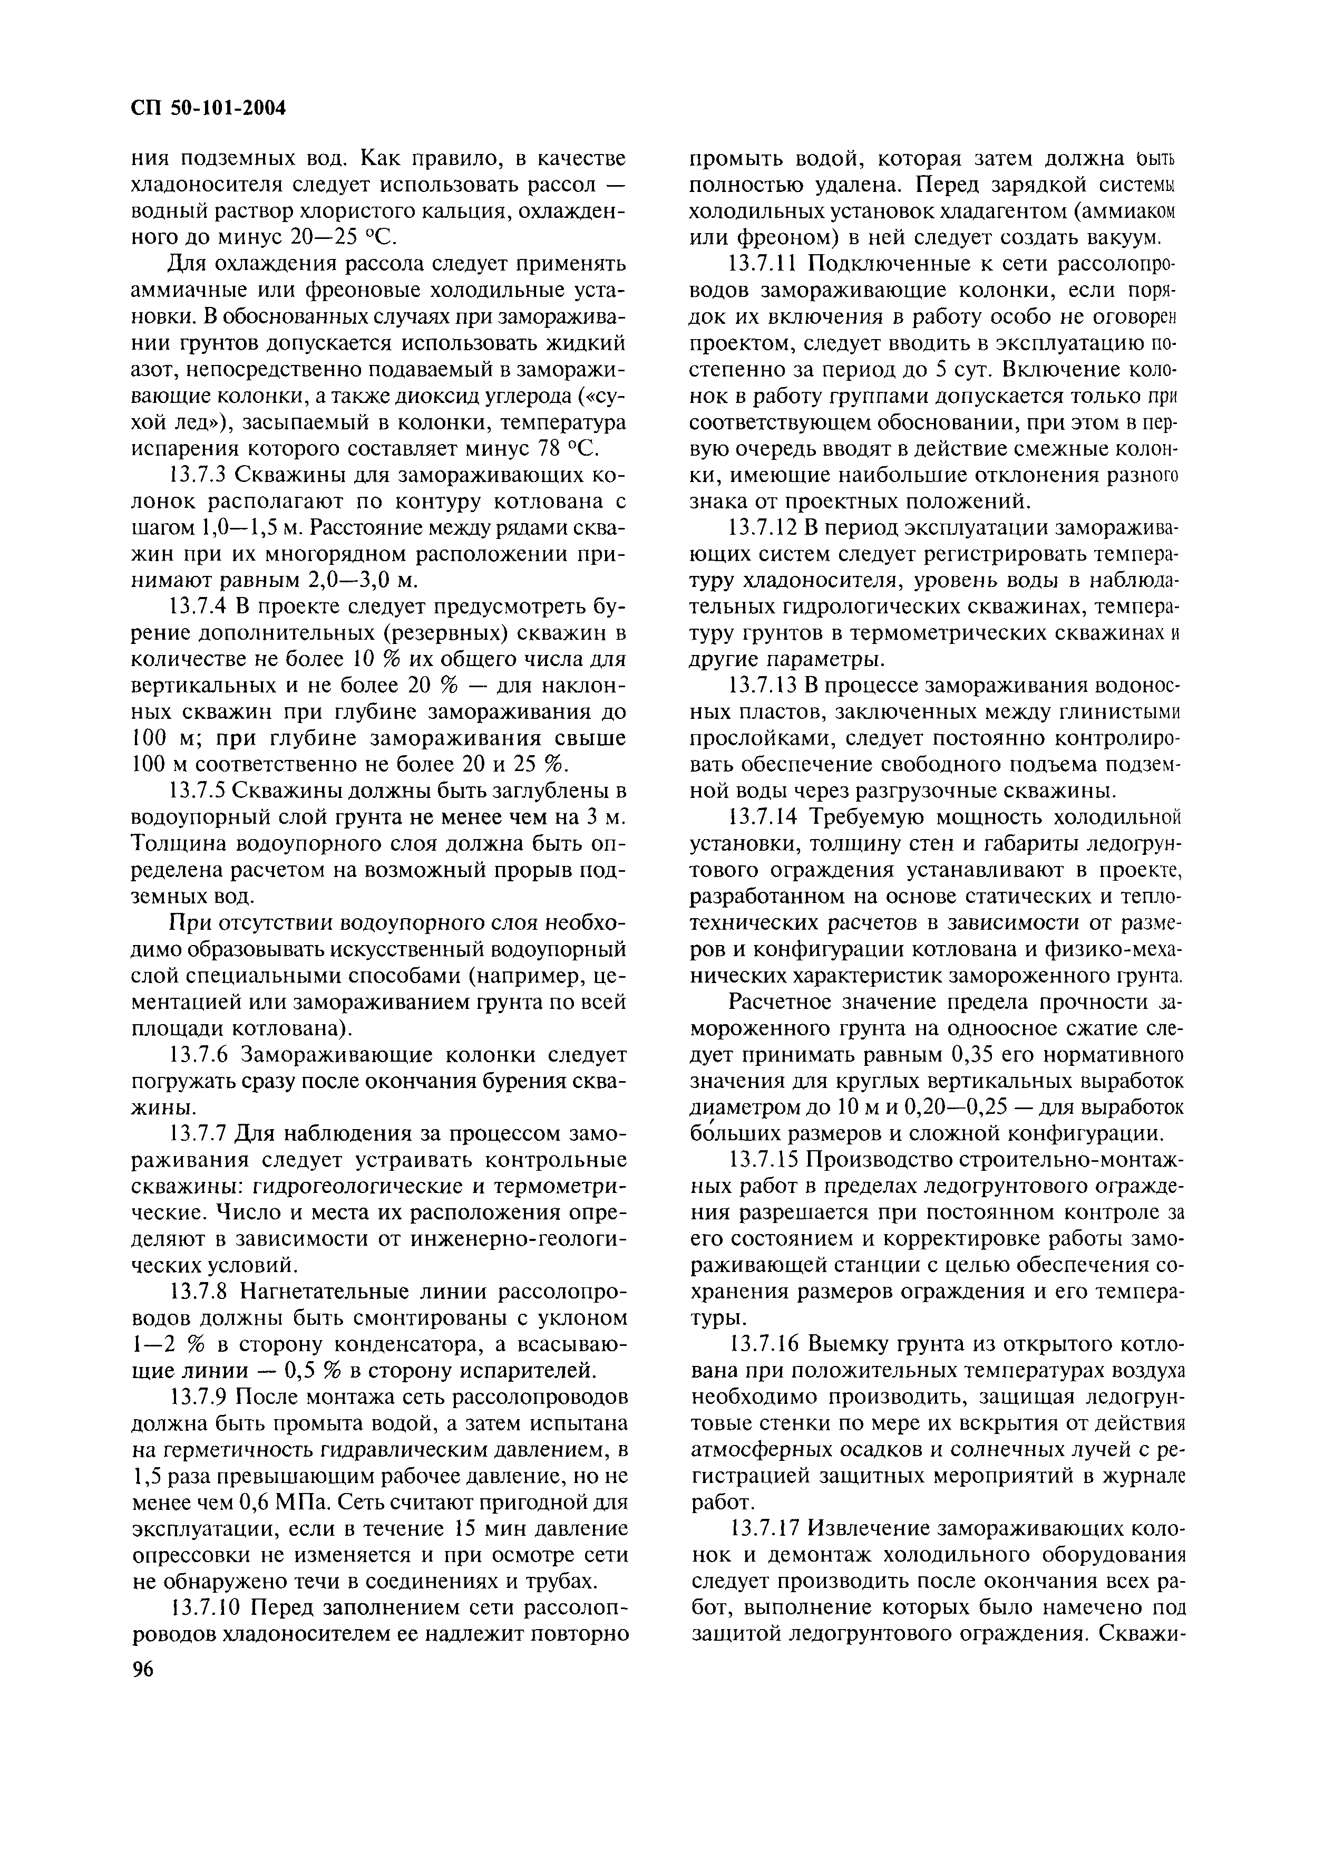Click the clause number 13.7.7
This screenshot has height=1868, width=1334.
tap(197, 1133)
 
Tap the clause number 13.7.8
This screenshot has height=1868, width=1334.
tap(197, 1292)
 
